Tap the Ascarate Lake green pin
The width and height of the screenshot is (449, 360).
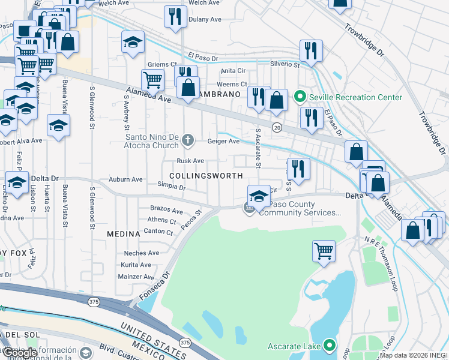329,346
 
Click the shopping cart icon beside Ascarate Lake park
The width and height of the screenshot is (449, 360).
324,250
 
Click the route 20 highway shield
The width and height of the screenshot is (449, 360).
277,127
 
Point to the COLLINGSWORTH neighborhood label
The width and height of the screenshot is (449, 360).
206,176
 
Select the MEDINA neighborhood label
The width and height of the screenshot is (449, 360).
123,233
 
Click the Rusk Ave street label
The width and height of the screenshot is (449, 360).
190,161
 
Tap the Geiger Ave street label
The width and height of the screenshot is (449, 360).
223,142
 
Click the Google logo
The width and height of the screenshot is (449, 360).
19,353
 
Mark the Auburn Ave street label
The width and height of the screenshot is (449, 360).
125,179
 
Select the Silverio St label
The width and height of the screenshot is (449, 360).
285,64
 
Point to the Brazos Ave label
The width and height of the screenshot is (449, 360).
166,211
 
